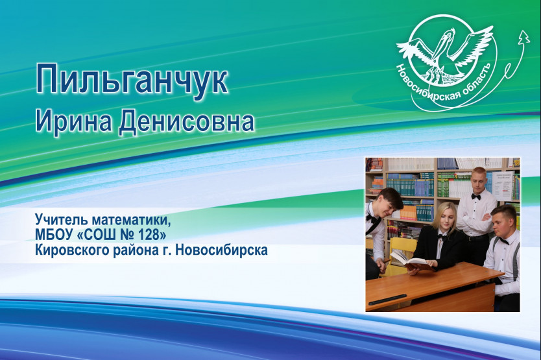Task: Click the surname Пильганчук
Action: point(132,79)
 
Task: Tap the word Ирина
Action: point(73,121)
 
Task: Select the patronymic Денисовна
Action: point(186,121)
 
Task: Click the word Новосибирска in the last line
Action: point(221,250)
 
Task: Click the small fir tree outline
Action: point(524,37)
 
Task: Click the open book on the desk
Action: point(412,261)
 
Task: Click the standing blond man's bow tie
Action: point(476,197)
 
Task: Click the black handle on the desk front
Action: point(388,299)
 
